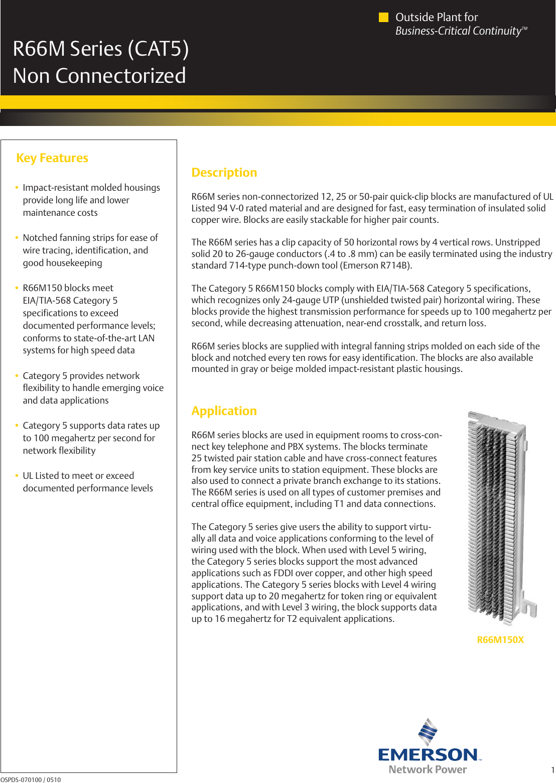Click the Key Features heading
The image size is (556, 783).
[x=52, y=158]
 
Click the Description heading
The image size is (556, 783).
[x=224, y=173]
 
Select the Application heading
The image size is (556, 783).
[x=224, y=411]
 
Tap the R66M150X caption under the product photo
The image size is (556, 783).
[x=500, y=640]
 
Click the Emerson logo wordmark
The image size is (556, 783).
[x=428, y=754]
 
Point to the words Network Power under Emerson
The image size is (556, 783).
[x=428, y=770]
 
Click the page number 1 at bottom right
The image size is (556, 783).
[x=552, y=770]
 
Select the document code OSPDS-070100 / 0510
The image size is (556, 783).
[x=31, y=779]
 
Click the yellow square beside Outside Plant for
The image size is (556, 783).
[x=383, y=18]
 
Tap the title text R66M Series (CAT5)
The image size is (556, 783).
[x=101, y=49]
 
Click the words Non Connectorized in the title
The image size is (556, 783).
[x=99, y=76]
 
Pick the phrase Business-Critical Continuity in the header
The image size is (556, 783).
[x=458, y=31]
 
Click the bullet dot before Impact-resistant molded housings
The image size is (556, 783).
[x=17, y=188]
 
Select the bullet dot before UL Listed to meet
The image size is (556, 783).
[x=17, y=476]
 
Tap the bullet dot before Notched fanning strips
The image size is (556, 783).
[x=17, y=238]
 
